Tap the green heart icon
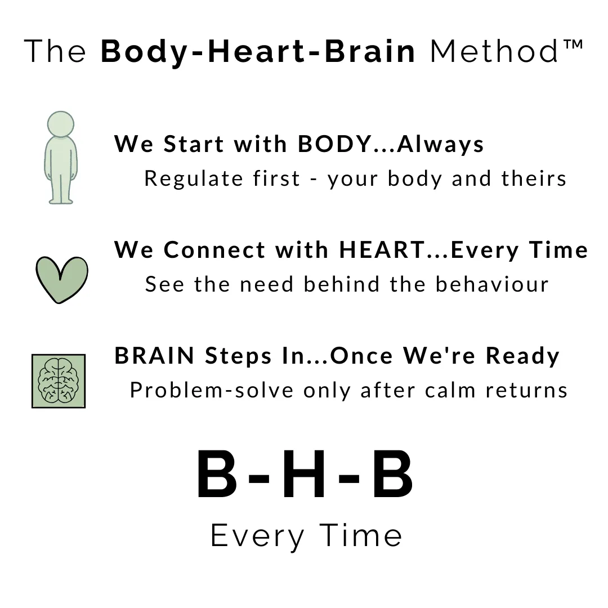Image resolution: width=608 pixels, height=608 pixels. [62, 279]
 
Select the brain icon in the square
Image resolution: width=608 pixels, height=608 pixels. [59, 381]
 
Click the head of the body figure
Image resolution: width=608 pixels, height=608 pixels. [60, 124]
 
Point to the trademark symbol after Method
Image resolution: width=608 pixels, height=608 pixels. [573, 44]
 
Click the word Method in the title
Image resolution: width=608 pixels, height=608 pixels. [494, 51]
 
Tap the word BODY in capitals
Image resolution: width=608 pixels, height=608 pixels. [334, 144]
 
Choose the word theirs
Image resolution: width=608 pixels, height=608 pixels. [534, 178]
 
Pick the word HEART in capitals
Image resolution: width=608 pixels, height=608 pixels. [382, 250]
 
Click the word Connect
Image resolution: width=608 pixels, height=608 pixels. [214, 250]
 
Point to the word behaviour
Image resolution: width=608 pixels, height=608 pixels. [492, 284]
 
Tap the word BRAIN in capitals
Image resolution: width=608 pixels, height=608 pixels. [154, 356]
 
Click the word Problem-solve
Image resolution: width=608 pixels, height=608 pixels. [212, 390]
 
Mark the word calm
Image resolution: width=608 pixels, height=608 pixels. [450, 390]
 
